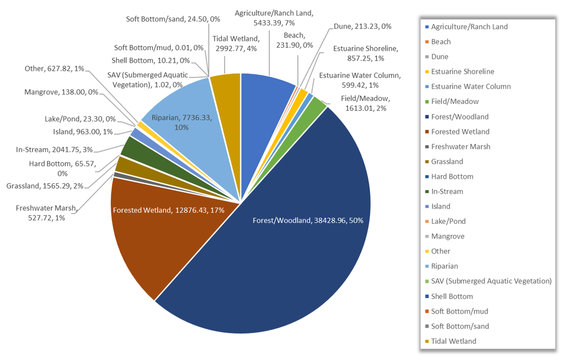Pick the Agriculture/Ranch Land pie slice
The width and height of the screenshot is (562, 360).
(266, 95)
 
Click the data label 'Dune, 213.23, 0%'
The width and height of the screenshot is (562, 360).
(362, 26)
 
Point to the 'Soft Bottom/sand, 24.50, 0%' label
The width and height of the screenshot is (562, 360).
(173, 19)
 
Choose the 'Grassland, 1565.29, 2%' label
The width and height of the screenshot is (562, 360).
(45, 186)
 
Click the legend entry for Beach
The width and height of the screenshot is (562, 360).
(441, 42)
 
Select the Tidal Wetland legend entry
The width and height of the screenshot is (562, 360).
(453, 341)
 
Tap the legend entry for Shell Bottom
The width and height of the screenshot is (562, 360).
(452, 296)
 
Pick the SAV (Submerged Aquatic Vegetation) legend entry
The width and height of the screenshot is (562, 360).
(491, 281)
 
